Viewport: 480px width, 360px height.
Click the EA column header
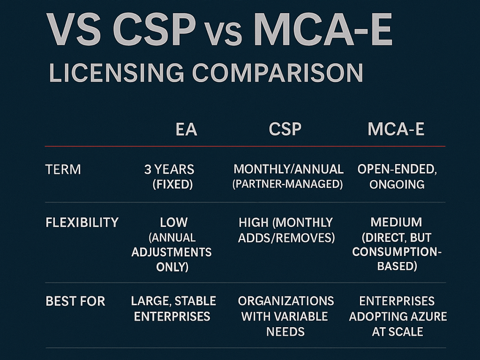186,130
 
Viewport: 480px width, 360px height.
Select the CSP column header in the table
285,130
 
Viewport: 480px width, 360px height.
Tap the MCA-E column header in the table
396,130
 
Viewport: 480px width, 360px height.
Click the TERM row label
63,170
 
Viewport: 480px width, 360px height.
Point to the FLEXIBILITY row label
82,222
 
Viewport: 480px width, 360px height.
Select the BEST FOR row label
75,301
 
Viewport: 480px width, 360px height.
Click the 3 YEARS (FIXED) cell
169,177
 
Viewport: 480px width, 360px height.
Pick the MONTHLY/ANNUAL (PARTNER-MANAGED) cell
288,177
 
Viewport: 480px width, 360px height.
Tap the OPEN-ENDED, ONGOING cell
397,177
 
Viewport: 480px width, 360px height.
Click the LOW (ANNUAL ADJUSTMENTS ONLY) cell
172,245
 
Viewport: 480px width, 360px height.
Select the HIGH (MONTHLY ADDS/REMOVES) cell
286,230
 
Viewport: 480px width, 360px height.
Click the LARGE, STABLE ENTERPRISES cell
173,309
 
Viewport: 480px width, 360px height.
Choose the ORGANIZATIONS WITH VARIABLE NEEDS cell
285,316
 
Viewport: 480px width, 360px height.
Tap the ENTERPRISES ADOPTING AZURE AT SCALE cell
398,316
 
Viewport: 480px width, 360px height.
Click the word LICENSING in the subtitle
116,73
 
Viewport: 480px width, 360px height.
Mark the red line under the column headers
245,146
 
